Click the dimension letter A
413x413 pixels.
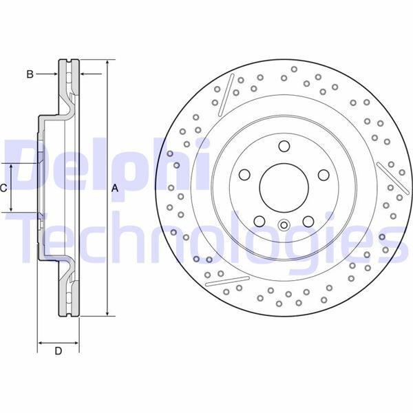(x=115, y=188)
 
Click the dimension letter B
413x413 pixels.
(x=30, y=74)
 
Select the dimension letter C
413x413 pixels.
(x=4, y=188)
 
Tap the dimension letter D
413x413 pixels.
(x=59, y=352)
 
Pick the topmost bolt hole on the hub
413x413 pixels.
(x=284, y=145)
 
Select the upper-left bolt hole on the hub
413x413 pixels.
(x=244, y=174)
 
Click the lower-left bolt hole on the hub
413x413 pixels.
(x=260, y=220)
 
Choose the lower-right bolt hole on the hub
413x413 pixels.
(x=308, y=220)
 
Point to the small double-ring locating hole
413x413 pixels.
(x=284, y=225)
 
